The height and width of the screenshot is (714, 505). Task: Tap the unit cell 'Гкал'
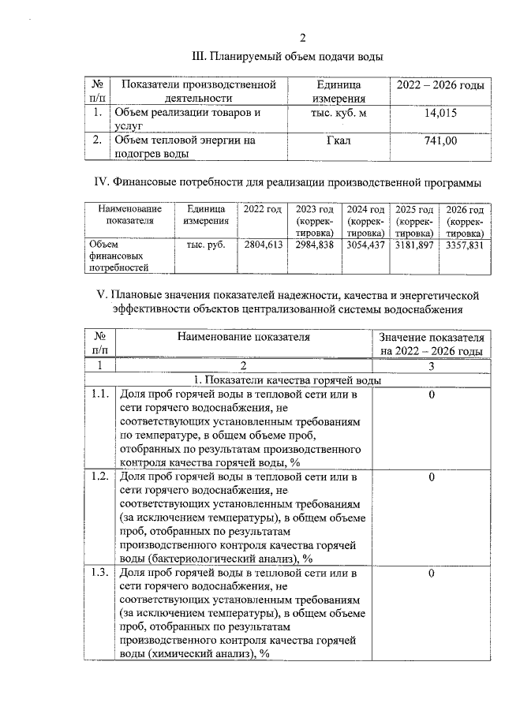[x=338, y=140]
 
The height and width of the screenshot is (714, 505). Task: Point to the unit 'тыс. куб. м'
[x=338, y=113]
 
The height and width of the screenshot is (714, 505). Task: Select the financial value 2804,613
[x=263, y=245]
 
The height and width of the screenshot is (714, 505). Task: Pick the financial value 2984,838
[x=314, y=245]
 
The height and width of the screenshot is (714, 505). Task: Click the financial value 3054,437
[x=365, y=245]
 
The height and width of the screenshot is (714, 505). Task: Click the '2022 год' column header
[x=263, y=210]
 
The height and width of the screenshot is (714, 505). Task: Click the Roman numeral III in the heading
[x=200, y=57]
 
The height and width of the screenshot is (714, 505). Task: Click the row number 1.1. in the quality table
[x=100, y=394]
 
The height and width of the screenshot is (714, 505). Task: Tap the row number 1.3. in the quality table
[x=100, y=573]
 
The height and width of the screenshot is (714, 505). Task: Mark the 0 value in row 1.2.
[x=432, y=477]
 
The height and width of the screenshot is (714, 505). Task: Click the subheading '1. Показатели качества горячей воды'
[x=288, y=380]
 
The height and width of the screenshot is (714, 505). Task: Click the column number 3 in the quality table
[x=432, y=365]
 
